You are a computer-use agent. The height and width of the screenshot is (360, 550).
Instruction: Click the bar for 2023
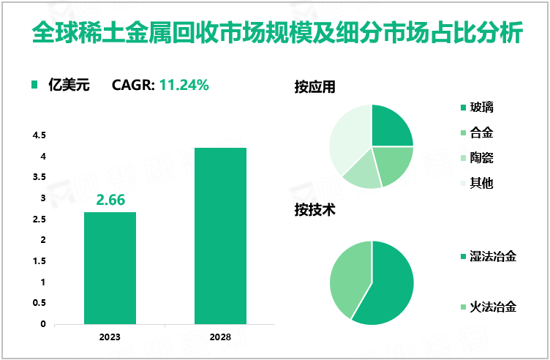(110, 268)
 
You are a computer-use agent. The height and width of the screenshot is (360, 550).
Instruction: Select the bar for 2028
(220, 236)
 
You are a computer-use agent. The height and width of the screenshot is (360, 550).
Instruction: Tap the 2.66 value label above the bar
(110, 200)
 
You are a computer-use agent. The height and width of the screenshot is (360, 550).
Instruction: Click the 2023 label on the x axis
(110, 337)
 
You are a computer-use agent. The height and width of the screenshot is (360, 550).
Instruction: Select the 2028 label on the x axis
(220, 337)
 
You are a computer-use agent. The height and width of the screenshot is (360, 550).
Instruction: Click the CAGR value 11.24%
(184, 85)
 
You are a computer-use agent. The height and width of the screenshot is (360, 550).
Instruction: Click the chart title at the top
(274, 32)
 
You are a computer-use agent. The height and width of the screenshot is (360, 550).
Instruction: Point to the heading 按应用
(314, 86)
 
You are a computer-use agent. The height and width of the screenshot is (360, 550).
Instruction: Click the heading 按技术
(314, 210)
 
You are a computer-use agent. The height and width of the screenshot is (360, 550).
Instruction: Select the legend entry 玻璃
(481, 108)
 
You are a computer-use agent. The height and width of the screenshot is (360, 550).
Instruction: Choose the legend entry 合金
(481, 133)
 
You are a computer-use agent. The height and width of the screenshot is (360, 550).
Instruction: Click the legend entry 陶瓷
(481, 157)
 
